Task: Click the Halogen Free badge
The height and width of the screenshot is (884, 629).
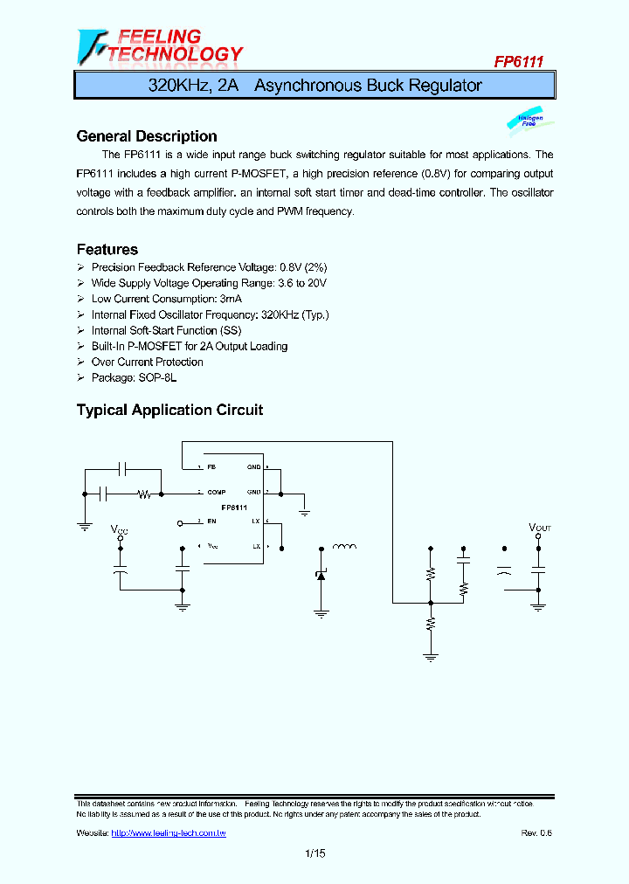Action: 529,121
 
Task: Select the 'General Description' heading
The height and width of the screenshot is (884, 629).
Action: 147,136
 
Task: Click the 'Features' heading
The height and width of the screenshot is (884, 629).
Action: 107,250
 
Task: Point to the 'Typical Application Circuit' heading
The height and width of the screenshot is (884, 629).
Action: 169,410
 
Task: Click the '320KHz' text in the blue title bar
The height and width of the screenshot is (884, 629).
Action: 176,86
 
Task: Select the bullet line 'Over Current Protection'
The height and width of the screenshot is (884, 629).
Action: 147,362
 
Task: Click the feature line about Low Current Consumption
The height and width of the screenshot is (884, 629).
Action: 154,299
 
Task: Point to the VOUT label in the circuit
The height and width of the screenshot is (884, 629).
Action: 540,528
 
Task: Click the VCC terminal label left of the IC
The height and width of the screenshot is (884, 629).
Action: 119,529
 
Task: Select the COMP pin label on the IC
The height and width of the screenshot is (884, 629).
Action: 217,493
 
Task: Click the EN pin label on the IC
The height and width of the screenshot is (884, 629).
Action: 211,521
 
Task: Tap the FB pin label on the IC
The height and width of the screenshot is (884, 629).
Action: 211,467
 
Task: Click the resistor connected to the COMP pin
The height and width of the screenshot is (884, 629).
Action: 145,494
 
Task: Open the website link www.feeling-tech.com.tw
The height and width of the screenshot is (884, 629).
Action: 168,833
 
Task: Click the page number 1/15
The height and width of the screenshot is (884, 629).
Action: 314,854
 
